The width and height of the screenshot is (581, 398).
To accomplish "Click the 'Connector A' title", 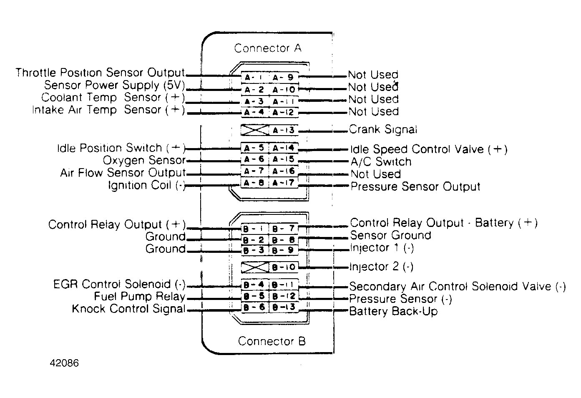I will (x=267, y=48).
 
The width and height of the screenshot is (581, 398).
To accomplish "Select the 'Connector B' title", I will (x=272, y=341).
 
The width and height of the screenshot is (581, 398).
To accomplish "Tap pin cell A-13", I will (x=284, y=130).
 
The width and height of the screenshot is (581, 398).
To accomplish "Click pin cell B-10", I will (x=284, y=267).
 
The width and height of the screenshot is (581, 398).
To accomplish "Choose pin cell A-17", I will (x=284, y=183).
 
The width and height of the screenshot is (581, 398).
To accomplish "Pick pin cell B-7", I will (x=284, y=229).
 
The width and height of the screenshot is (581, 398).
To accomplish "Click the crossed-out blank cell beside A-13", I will (x=255, y=130).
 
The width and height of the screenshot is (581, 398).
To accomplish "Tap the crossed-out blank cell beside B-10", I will (x=255, y=267).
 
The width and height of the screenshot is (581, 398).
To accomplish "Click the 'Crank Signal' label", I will (x=383, y=129).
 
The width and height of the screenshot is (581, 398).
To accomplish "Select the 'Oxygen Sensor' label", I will (x=144, y=160).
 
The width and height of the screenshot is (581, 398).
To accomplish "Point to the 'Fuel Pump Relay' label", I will (x=139, y=297).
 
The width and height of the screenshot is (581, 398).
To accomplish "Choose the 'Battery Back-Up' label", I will (x=393, y=311).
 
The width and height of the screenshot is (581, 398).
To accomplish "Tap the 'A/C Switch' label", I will (x=381, y=162).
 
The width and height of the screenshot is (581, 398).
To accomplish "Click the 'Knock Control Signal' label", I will (x=128, y=309).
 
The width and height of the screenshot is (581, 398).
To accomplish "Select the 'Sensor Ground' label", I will (x=390, y=235).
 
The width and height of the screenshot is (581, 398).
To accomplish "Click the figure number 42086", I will (x=64, y=363).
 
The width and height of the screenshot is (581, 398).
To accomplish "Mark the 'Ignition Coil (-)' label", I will (x=146, y=185).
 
